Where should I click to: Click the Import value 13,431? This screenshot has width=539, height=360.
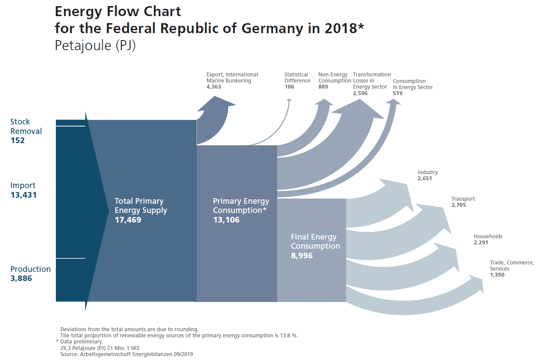click(x=24, y=195)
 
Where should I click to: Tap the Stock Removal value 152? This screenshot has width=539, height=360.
click(x=17, y=141)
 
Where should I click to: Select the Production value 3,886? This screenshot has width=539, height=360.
click(x=21, y=278)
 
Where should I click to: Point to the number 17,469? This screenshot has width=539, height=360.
click(x=128, y=220)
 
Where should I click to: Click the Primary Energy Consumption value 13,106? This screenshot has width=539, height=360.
click(x=226, y=220)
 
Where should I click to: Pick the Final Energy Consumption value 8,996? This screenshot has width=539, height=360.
click(x=302, y=256)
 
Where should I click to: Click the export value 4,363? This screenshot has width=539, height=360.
click(x=214, y=87)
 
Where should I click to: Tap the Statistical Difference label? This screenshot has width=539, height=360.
click(x=297, y=78)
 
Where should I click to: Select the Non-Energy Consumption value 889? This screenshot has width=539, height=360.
click(x=323, y=87)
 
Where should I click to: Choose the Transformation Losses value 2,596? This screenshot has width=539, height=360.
click(x=360, y=93)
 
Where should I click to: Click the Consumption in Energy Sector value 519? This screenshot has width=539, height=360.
click(x=398, y=93)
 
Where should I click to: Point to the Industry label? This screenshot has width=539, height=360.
click(x=427, y=172)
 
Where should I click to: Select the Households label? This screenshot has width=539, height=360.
click(x=488, y=237)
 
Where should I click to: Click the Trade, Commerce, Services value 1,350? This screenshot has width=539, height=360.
click(x=497, y=275)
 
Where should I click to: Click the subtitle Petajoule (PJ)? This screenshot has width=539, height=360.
click(x=95, y=46)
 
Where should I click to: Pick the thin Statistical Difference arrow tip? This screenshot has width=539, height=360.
click(x=289, y=100)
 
